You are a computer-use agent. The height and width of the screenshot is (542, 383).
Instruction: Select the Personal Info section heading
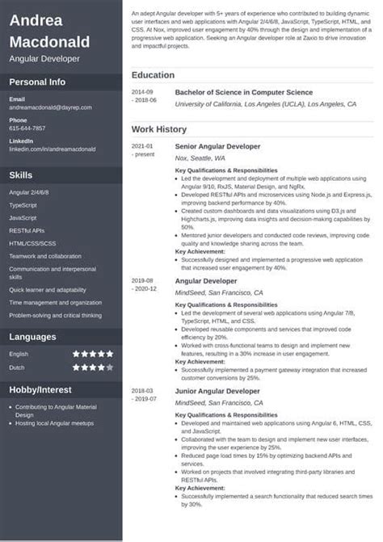[37, 82]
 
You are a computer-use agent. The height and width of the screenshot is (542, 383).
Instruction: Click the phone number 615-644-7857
[27, 128]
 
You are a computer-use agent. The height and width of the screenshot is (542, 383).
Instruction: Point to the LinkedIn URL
[52, 149]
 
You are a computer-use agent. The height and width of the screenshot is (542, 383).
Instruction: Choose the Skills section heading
[21, 174]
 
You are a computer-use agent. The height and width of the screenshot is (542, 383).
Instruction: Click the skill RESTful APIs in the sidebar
[27, 230]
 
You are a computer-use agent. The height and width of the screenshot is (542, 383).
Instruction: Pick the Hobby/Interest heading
[41, 389]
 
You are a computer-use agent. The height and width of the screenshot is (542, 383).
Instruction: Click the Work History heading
[159, 129]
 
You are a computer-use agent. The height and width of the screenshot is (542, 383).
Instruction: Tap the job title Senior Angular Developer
[218, 146]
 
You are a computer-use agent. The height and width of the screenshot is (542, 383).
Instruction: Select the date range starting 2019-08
[142, 284]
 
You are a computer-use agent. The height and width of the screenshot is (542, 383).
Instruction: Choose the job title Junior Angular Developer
[217, 391]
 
